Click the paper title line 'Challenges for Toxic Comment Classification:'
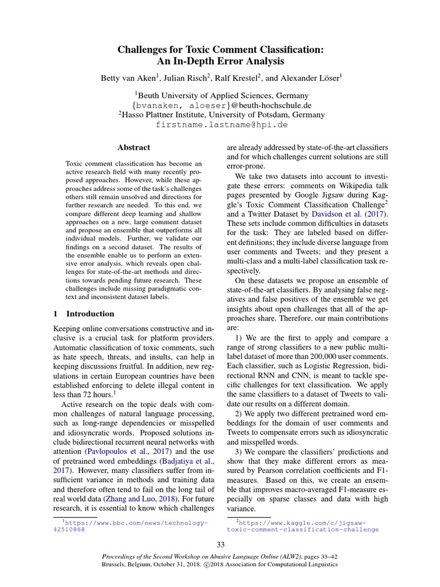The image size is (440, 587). (221, 50)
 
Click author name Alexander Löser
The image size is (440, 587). (311, 76)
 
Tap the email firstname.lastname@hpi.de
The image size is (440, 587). (221, 124)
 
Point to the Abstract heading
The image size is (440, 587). (133, 147)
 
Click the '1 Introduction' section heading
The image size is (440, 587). (84, 314)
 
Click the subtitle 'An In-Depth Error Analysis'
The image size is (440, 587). (221, 61)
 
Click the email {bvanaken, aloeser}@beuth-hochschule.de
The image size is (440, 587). (221, 105)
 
